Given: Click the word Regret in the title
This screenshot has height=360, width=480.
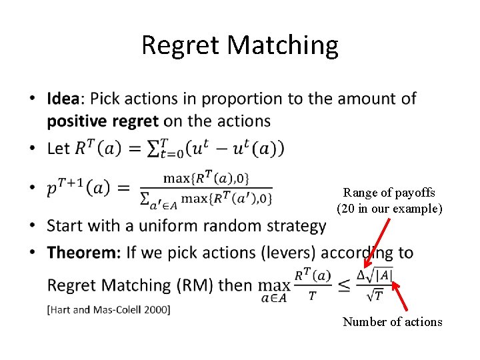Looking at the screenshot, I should [181, 45].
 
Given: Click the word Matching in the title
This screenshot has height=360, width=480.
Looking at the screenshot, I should [283, 45].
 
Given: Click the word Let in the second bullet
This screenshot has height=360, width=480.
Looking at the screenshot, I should [59, 148].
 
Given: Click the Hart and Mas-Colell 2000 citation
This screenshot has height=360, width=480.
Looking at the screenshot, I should [109, 309].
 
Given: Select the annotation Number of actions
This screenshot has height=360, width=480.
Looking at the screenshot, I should [392, 321].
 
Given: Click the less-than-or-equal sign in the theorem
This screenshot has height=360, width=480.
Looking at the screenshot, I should [344, 285].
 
